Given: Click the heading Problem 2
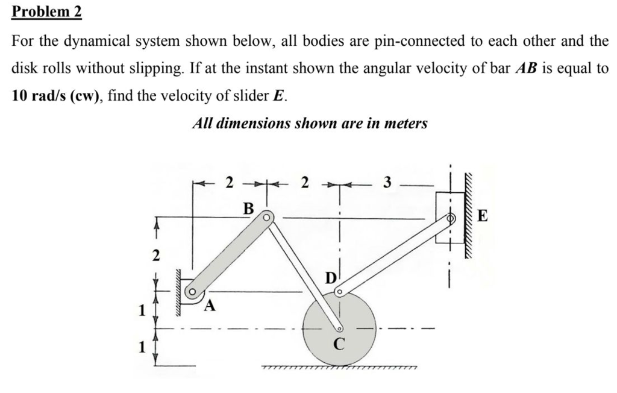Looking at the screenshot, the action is coord(47,11).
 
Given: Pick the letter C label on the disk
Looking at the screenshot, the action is coord(339,346).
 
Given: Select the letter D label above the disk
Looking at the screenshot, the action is coord(330,279).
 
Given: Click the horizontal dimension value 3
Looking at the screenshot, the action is coord(387,181).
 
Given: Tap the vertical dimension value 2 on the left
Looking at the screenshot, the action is coord(155,256).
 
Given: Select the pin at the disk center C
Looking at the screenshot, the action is coord(340,329).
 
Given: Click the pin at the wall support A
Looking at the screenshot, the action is coord(192,294).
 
